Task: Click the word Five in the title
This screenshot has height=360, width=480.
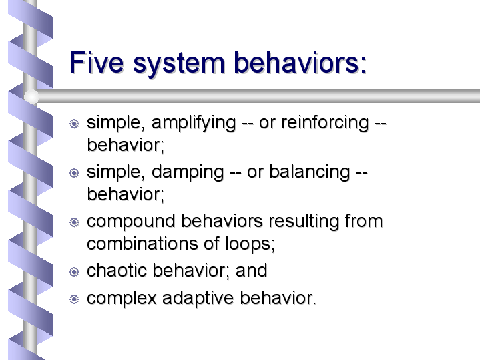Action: click(97, 63)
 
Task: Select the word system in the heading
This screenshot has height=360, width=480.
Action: click(179, 65)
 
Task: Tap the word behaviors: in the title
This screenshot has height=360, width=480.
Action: click(300, 63)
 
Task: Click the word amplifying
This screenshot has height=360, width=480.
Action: click(194, 124)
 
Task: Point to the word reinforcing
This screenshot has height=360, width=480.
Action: click(325, 124)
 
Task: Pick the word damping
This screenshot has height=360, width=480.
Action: click(188, 173)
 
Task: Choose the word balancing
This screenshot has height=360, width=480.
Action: click(310, 173)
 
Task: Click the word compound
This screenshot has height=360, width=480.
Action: click(131, 222)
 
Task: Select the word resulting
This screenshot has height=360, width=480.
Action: click(304, 222)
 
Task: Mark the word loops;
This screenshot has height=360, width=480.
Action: click(250, 244)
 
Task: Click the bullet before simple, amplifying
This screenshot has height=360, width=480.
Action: click(74, 124)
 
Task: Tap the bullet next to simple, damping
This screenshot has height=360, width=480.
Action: click(74, 173)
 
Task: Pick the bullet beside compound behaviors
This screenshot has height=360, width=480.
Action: click(74, 222)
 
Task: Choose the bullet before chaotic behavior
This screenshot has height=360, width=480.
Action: click(74, 272)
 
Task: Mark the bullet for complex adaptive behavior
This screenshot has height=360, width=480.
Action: click(74, 299)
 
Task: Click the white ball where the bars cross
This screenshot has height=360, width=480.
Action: click(31, 96)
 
